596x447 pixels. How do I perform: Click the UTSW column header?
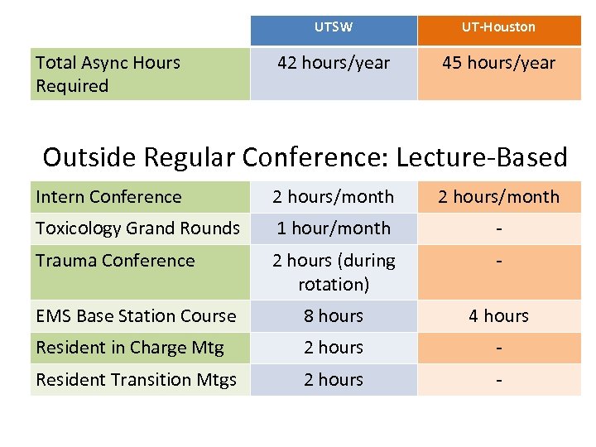pos(334,27)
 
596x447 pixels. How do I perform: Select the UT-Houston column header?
pos(498,27)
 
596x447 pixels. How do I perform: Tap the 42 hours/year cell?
pos(334,63)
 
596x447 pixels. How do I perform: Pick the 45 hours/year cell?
pos(498,63)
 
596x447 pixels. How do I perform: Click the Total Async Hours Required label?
pos(108,74)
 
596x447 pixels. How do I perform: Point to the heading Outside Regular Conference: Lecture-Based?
pos(305,156)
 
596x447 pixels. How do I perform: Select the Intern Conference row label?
pos(108,197)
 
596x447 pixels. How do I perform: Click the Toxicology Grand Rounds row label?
pos(137,228)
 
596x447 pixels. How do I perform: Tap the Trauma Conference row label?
pos(115,261)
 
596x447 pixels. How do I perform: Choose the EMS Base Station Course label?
pos(136,316)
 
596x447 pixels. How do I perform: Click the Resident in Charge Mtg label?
pos(129,348)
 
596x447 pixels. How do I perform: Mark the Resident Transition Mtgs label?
pos(136,380)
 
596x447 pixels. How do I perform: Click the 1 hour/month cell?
pos(334,228)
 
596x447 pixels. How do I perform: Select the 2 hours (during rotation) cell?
pos(334,272)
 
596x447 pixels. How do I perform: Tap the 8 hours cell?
pos(334,316)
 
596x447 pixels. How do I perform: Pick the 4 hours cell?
pos(498,316)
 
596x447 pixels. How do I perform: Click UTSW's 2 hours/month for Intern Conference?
pos(334,197)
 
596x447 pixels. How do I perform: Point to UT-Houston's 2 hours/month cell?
pos(498,197)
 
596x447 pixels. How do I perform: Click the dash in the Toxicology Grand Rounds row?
pos(498,228)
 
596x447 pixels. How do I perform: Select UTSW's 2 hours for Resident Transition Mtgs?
pos(334,380)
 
